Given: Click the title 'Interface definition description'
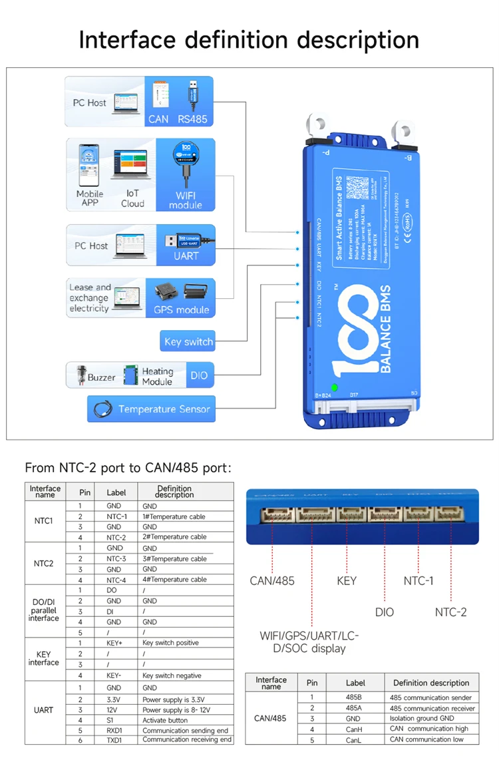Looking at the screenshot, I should [x=249, y=39].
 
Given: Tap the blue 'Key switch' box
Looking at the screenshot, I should [x=188, y=342].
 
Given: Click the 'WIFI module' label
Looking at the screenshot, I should [x=185, y=199].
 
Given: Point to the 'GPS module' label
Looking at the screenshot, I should [x=181, y=309].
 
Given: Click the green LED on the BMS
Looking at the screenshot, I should [x=334, y=387].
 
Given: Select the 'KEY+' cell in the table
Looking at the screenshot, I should [x=116, y=643].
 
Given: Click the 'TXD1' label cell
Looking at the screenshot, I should [x=116, y=739].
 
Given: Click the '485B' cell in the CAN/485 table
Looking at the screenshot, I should [x=355, y=697].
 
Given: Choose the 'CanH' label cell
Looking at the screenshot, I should [x=355, y=729].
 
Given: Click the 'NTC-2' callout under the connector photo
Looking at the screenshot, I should [x=450, y=612].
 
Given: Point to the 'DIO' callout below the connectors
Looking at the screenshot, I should [x=384, y=612].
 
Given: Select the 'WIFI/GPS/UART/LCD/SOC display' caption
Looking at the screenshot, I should [x=311, y=642].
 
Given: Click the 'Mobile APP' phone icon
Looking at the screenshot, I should [x=89, y=166].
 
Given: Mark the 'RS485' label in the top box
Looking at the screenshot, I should [x=192, y=120].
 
